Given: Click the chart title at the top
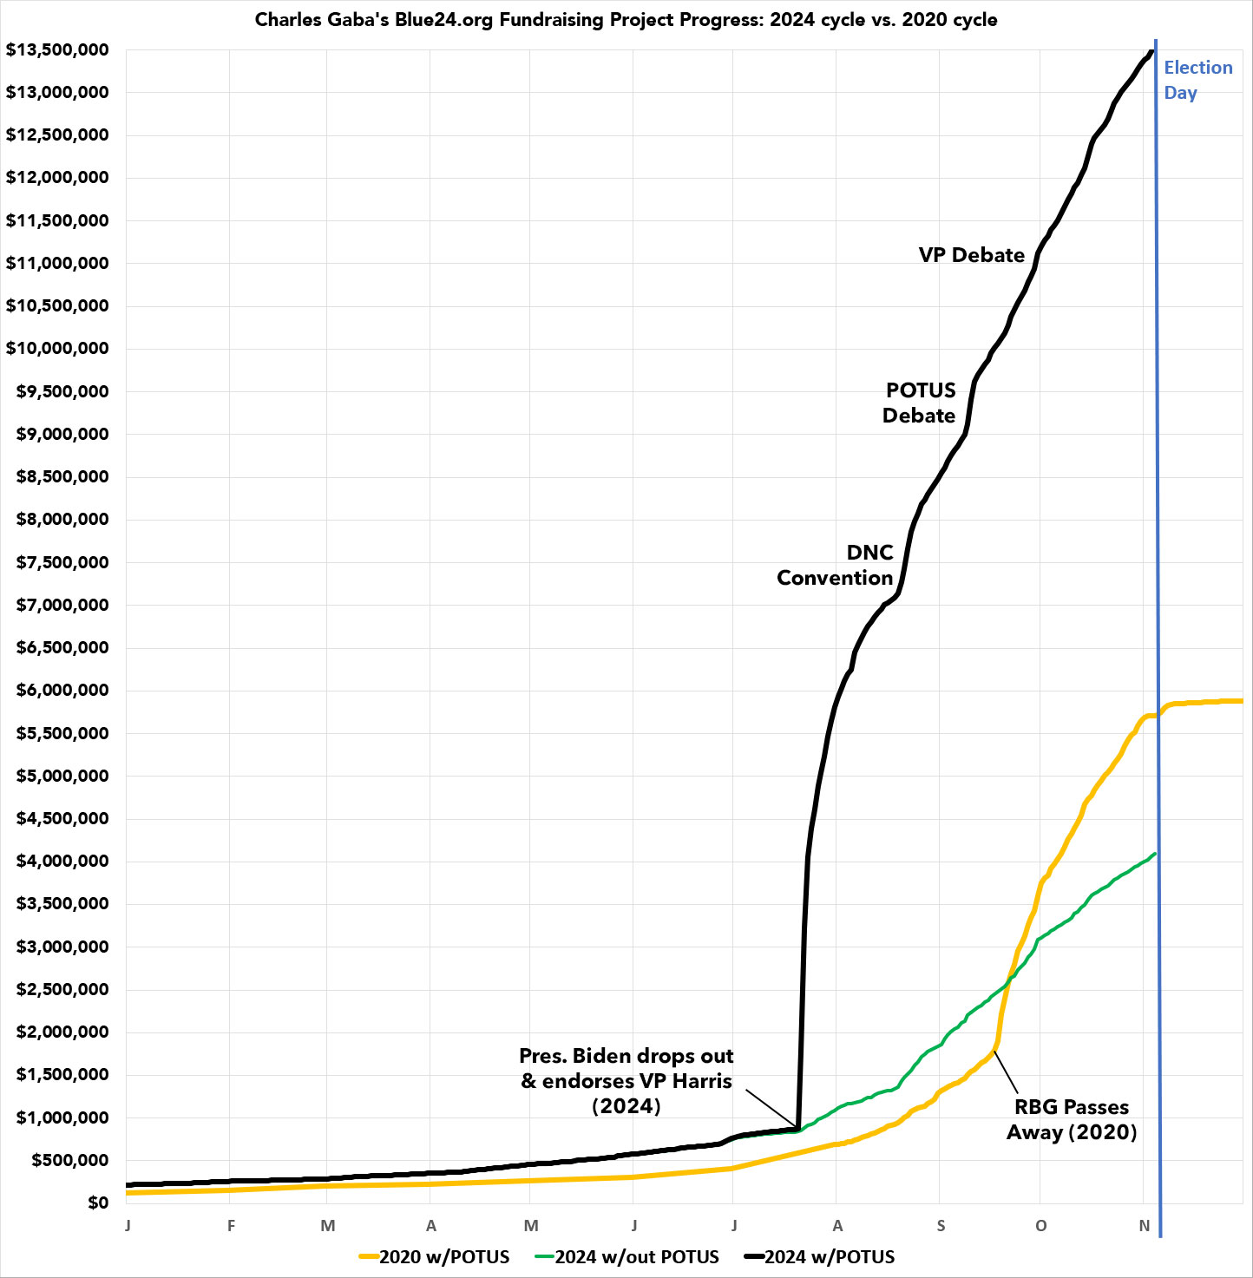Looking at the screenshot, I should point(626,20).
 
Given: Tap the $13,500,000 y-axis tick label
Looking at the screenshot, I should point(57,50).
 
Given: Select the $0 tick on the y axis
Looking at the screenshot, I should point(98,1203).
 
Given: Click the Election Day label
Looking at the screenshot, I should point(1197,80).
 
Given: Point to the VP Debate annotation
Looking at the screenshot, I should point(972,255).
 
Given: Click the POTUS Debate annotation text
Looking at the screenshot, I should point(920,403).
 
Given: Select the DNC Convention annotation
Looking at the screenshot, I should point(836,565).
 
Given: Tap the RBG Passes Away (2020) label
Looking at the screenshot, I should point(1072,1119).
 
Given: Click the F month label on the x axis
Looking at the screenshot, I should point(232,1226).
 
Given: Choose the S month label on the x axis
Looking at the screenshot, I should point(941,1226).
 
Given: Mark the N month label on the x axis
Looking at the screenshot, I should point(1145,1226).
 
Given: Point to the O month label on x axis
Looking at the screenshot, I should point(1041,1226).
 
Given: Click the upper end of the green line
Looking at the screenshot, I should point(1155,855).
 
